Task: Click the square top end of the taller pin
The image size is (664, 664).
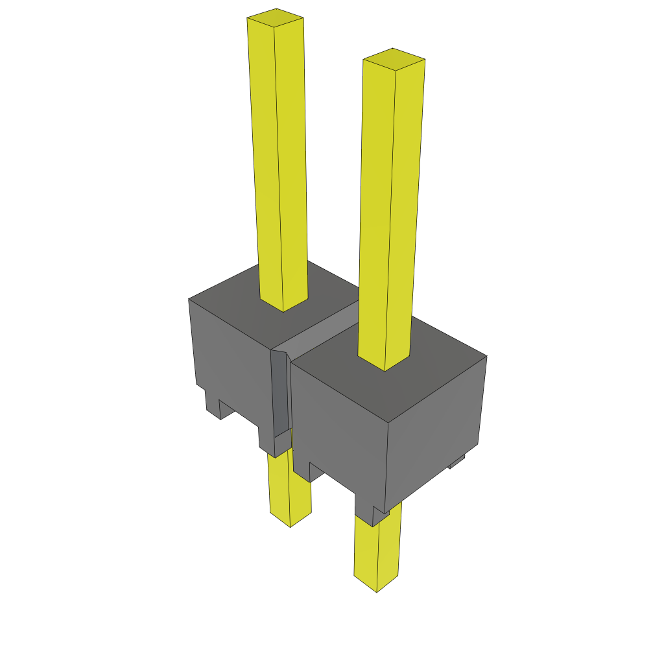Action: (276, 19)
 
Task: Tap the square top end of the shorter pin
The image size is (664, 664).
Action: (394, 59)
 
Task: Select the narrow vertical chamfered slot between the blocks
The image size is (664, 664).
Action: (279, 396)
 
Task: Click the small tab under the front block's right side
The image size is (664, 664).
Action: (457, 462)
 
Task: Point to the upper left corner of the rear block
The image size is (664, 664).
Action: (189, 300)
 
